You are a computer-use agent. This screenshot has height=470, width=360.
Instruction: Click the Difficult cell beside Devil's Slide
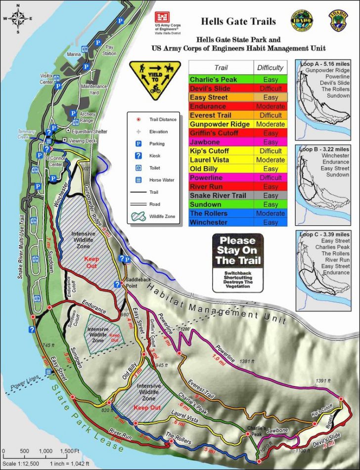(270, 88)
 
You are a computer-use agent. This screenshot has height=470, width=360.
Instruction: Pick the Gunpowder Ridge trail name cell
(220, 124)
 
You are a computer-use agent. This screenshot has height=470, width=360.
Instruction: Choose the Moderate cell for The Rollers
(270, 214)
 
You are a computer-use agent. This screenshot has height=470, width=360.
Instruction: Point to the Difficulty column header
(270, 68)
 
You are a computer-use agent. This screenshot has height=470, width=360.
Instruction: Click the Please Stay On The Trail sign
(238, 258)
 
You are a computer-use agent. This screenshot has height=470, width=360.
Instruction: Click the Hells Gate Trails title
(238, 21)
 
